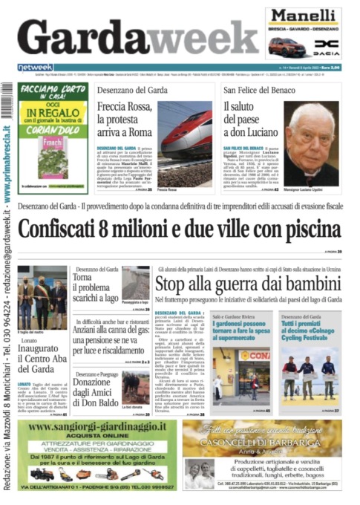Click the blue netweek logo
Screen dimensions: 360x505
click(x=35, y=67)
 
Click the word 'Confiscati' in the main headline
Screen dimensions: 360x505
click(x=65, y=229)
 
